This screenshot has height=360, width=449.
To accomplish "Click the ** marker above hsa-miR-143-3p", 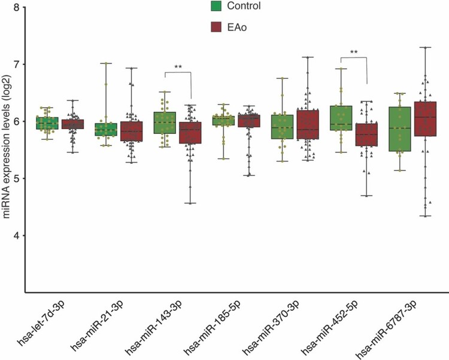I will tap(178, 67).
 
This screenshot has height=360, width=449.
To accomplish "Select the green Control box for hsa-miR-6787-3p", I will tap(399, 129).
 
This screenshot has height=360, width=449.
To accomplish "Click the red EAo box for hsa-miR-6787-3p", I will tap(426, 119).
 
